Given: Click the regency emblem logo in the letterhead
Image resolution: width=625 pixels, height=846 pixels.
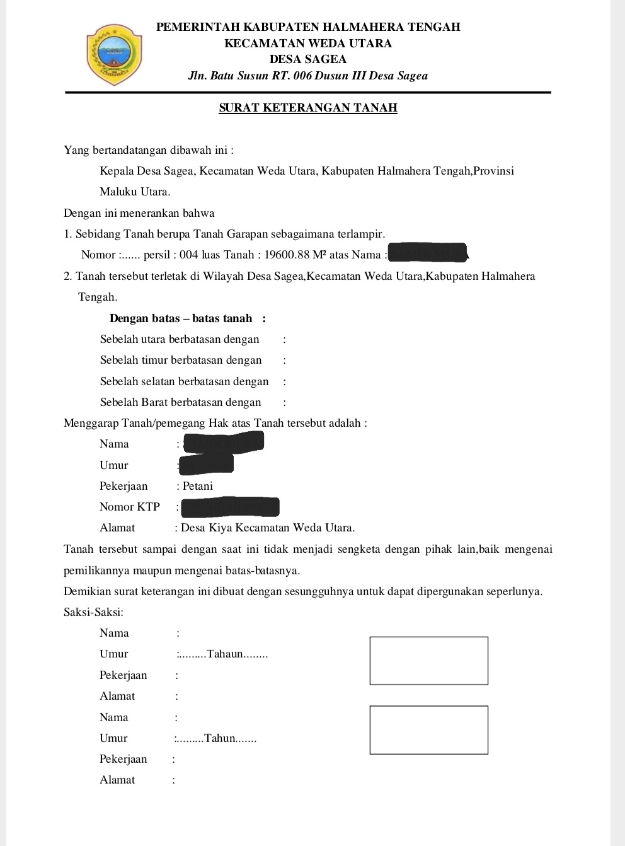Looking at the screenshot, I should (x=114, y=55).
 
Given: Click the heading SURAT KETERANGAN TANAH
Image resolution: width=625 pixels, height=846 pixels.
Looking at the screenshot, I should (x=308, y=108).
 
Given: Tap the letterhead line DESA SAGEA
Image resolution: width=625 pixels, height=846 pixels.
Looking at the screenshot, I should (x=308, y=59).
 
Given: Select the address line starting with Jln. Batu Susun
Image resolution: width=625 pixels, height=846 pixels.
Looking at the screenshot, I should (x=308, y=76).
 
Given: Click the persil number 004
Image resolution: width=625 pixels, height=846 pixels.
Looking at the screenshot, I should (x=189, y=255).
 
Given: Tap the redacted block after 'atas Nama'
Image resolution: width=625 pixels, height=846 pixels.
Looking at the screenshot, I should (x=428, y=253).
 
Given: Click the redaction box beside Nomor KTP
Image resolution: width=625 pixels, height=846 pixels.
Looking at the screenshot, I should (x=229, y=507).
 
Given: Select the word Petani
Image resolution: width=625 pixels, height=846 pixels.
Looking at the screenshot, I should (x=198, y=486).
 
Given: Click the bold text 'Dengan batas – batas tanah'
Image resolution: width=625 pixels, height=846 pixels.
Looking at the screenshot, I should (x=181, y=318).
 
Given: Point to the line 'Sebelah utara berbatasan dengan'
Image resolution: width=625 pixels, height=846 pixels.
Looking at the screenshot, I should (x=180, y=339).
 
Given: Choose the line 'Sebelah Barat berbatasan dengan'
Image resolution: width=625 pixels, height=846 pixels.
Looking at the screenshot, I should (x=180, y=402).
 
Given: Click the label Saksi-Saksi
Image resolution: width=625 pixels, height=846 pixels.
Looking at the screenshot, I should (x=93, y=612).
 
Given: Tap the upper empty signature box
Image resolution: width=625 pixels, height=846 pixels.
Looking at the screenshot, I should (x=428, y=661).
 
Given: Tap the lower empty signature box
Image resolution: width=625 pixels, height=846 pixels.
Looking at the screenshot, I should (x=428, y=730).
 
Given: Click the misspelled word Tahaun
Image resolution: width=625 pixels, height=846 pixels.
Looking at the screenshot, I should (x=225, y=654).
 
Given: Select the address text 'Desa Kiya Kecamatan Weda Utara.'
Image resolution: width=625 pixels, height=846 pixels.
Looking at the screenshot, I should (x=268, y=528).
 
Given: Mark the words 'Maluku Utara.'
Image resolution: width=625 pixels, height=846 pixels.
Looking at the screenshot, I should (x=135, y=192).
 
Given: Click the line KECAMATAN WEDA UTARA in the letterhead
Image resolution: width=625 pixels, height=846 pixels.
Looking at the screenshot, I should (x=308, y=43).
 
